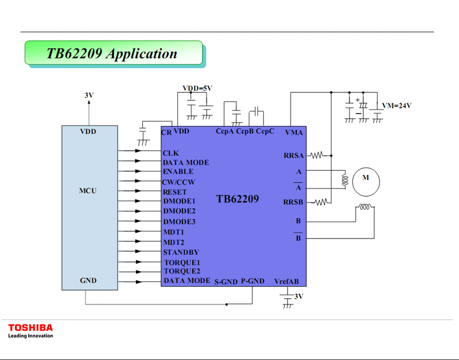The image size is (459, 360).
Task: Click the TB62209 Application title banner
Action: click(113, 53)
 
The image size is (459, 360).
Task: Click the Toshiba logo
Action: click(30, 328)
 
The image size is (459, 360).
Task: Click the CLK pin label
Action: click(171, 153)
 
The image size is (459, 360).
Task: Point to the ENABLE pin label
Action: click(178, 171)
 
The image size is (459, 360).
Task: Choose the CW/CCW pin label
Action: click(179, 182)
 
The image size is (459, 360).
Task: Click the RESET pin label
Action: click(174, 192)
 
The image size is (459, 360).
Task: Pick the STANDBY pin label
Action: click(181, 252)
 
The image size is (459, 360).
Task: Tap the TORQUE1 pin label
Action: click(182, 263)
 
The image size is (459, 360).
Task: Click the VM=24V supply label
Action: click(397, 106)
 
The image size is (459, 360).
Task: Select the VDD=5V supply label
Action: click(197, 88)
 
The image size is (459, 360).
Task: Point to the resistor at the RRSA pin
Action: click(318, 155)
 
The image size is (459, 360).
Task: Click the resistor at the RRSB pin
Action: click(321, 202)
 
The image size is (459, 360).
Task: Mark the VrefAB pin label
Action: click(287, 281)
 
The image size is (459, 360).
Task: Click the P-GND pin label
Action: click(252, 281)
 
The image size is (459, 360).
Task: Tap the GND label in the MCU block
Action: click(88, 280)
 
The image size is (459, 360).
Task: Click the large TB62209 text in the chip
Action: click(238, 199)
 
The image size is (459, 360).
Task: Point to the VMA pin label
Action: click(294, 132)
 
